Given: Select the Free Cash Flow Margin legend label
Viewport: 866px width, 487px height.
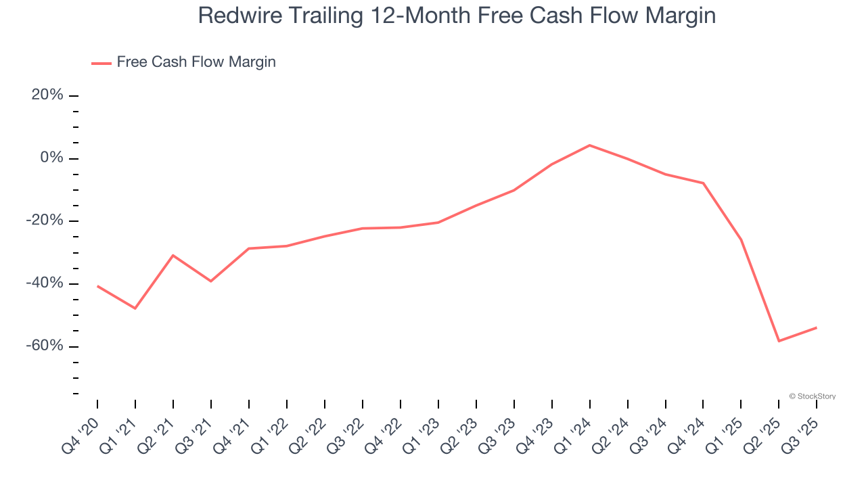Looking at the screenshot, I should pyautogui.click(x=196, y=62).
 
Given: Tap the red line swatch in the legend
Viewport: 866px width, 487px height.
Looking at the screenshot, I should pyautogui.click(x=101, y=63).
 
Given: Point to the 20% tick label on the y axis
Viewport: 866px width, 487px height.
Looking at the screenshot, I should pyautogui.click(x=47, y=95).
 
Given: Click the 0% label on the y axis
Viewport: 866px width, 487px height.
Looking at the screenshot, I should pyautogui.click(x=51, y=158).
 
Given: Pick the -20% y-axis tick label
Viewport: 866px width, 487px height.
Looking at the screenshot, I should pyautogui.click(x=45, y=221).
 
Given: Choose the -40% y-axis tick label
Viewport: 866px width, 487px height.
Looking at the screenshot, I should pyautogui.click(x=45, y=283).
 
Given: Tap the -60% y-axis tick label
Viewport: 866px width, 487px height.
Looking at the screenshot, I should pyautogui.click(x=45, y=346).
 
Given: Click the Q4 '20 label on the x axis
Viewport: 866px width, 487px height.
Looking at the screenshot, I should pyautogui.click(x=81, y=436).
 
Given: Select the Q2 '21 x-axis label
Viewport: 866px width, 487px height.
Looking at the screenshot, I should pyautogui.click(x=156, y=436).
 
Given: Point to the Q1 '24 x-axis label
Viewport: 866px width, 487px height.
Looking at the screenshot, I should pyautogui.click(x=573, y=436).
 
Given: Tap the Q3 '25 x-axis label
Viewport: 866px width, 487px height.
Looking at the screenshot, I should pyautogui.click(x=800, y=436).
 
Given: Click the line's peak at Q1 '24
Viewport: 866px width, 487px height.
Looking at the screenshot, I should pyautogui.click(x=590, y=145).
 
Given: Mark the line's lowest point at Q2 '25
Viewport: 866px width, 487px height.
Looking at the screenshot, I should pyautogui.click(x=779, y=341).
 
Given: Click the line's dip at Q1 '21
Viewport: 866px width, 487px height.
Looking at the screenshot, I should pyautogui.click(x=135, y=308).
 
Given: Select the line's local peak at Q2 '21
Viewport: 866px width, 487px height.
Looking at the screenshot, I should pyautogui.click(x=173, y=255).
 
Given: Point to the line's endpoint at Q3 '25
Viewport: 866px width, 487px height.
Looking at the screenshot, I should pyautogui.click(x=817, y=327).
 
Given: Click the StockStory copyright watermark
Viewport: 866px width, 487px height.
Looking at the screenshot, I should pyautogui.click(x=812, y=396).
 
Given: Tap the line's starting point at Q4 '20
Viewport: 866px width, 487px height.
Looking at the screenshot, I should pyautogui.click(x=97, y=286).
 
